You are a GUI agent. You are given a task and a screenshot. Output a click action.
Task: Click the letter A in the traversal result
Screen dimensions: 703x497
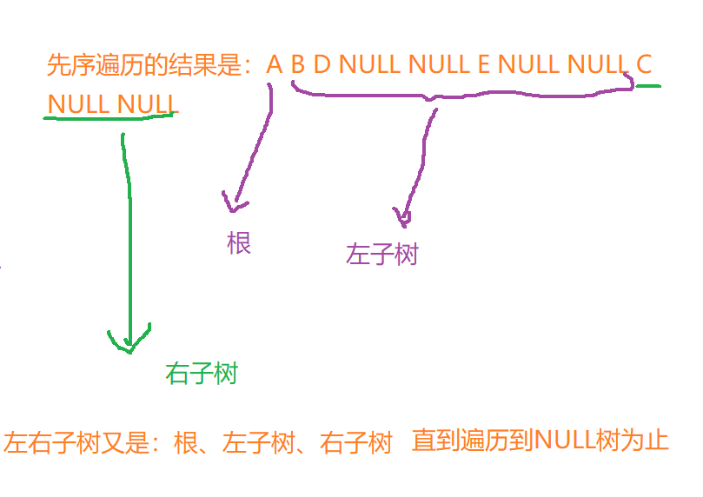[275, 64]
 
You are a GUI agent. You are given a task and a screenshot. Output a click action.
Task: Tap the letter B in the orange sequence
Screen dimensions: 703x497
[298, 64]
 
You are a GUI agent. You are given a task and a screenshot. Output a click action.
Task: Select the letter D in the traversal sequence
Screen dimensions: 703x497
[322, 64]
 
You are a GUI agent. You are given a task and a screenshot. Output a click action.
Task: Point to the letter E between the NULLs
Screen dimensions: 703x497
[483, 64]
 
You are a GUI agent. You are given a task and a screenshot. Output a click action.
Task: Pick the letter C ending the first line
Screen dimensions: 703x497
[643, 64]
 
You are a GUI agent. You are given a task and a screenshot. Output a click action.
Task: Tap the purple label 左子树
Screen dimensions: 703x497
[381, 254]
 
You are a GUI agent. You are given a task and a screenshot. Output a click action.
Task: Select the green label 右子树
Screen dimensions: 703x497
[201, 374]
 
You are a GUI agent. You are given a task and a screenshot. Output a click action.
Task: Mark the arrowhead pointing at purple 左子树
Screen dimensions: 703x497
[402, 217]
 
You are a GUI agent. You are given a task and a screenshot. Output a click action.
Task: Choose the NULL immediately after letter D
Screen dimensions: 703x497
[368, 64]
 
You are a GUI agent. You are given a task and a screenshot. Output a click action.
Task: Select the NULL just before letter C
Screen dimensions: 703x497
[597, 64]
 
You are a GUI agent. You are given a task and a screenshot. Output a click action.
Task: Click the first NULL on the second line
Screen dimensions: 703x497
[79, 104]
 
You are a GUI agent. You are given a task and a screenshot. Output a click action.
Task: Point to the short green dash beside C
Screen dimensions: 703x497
[648, 86]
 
